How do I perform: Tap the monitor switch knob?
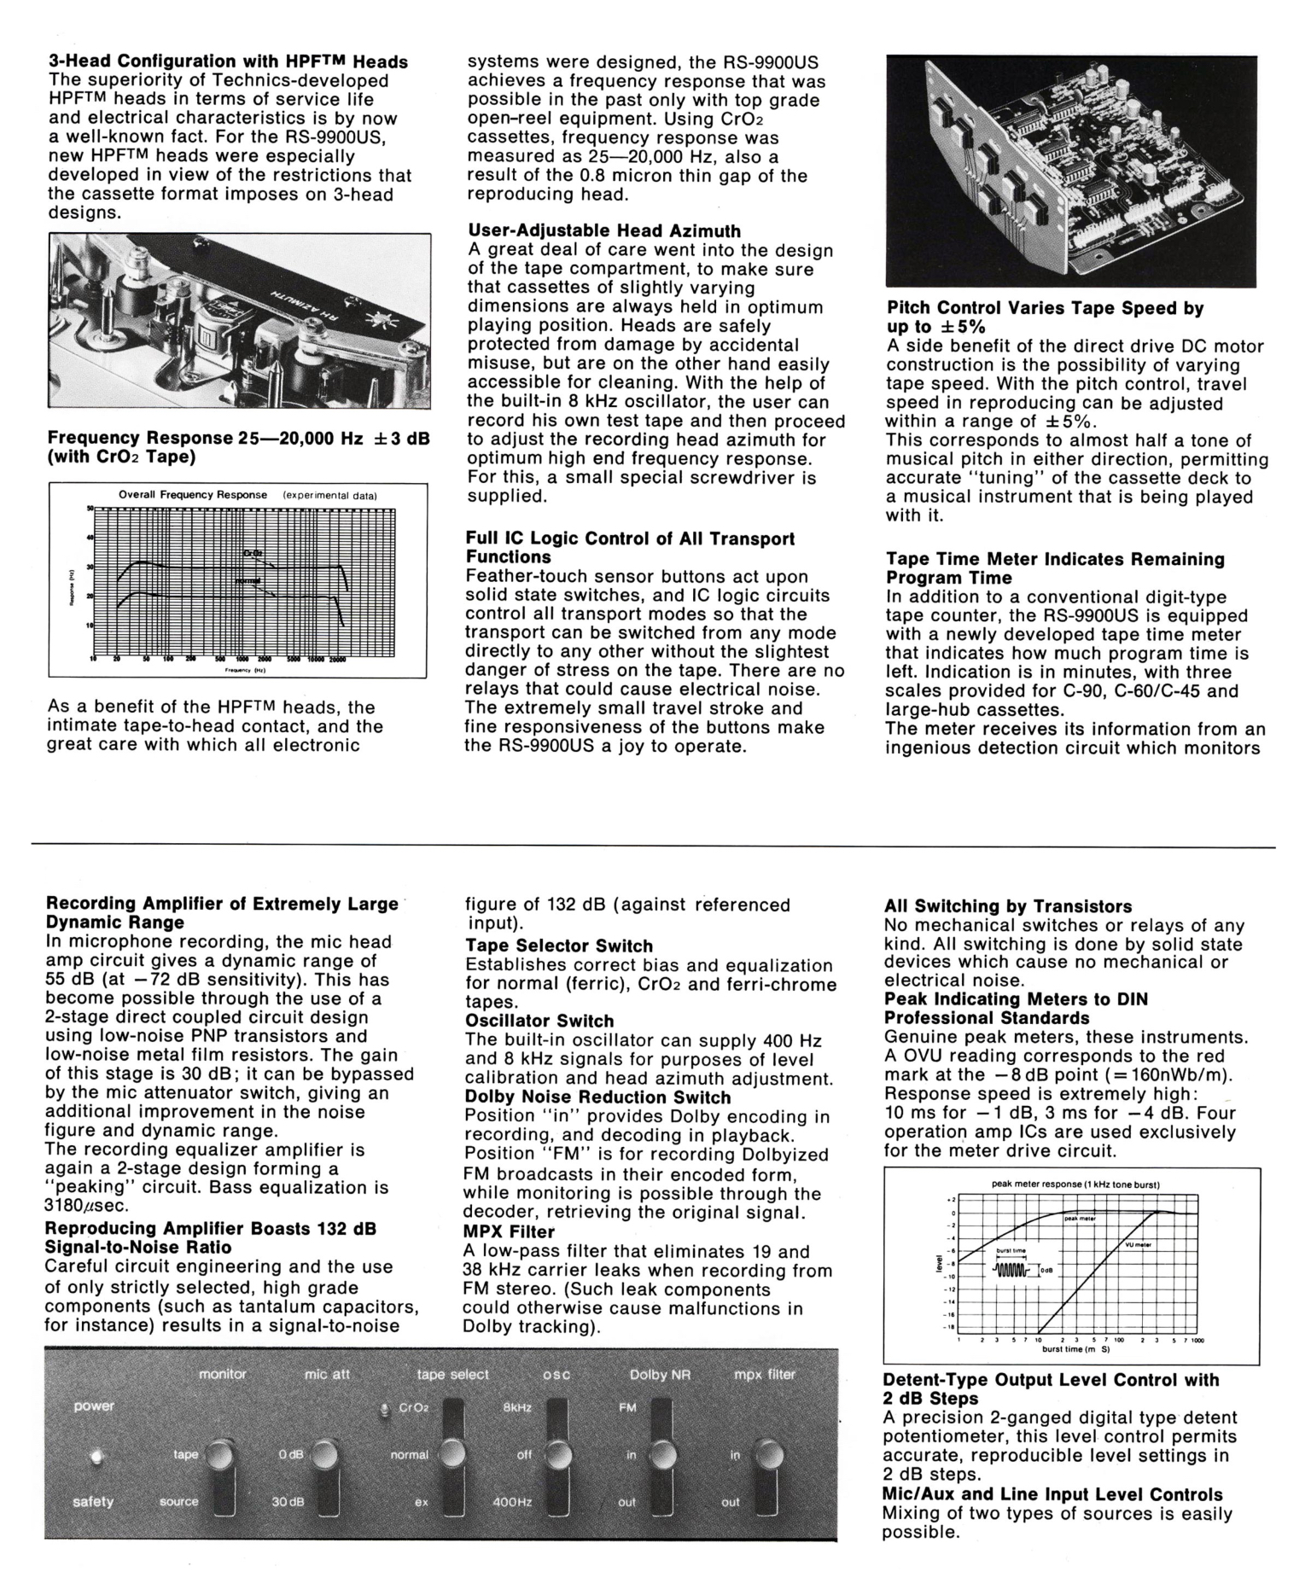point(221,1453)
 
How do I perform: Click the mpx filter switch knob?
point(766,1453)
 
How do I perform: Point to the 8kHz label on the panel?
point(517,1407)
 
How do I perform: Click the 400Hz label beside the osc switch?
point(513,1502)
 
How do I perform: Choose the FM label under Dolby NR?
point(627,1407)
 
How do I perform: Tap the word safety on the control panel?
point(93,1501)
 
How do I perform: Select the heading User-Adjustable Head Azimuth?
point(604,231)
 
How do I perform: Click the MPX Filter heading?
point(510,1231)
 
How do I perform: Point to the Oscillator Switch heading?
point(539,1021)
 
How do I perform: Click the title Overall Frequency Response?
point(193,495)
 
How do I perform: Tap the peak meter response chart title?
point(1075,1184)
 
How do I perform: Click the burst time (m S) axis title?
point(1075,1349)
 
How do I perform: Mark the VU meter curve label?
point(1138,1244)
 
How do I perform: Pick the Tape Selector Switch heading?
point(559,946)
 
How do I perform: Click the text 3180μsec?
point(86,1206)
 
